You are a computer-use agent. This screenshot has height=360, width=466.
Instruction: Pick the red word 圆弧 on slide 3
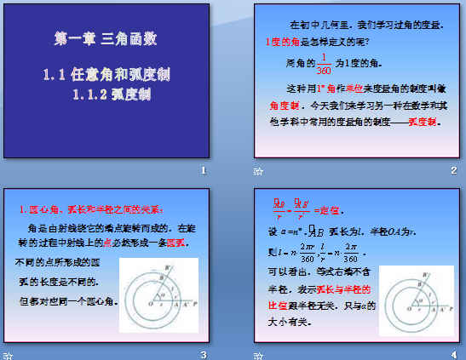pyautogui.click(x=176, y=242)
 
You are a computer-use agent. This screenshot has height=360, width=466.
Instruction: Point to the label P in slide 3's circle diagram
pyautogui.click(x=197, y=301)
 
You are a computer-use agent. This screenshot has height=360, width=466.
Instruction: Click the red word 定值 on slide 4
pyautogui.click(x=328, y=209)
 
